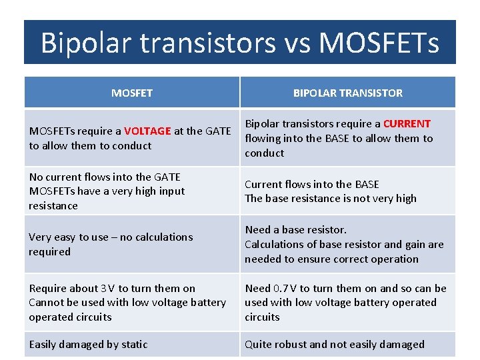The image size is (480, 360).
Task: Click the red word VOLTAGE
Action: (x=147, y=131)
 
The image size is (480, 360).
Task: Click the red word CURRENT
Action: (x=407, y=123)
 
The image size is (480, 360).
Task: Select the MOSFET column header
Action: (x=131, y=93)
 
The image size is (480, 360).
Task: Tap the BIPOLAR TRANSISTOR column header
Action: (x=347, y=93)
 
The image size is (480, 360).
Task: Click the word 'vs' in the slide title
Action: (x=295, y=43)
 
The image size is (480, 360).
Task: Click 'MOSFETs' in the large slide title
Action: (x=379, y=43)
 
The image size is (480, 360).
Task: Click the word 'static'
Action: (x=134, y=344)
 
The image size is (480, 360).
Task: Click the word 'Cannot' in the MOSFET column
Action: (x=46, y=302)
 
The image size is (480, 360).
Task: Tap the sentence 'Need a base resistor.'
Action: (x=295, y=229)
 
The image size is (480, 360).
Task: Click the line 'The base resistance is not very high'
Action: (x=330, y=198)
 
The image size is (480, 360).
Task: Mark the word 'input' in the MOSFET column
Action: (x=171, y=191)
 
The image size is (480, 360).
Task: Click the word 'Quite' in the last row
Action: (x=258, y=344)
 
